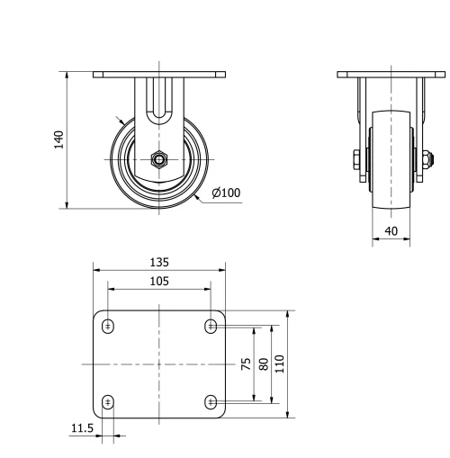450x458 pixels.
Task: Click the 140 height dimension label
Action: click(58, 139)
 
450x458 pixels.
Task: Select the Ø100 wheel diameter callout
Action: click(226, 193)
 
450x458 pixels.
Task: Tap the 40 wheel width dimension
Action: click(391, 230)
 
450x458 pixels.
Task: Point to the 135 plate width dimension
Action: click(158, 263)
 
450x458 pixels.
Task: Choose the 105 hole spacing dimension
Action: click(158, 282)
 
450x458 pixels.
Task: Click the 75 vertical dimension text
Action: click(246, 364)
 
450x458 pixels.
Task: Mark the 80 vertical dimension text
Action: click(262, 364)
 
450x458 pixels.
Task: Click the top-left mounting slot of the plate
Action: click(108, 326)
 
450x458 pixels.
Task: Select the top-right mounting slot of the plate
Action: click(211, 326)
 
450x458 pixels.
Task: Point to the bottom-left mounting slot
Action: click(108, 401)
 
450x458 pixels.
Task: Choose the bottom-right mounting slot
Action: click(211, 401)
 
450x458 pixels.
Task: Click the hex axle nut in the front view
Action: click(158, 161)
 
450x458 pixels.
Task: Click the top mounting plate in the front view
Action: click(158, 74)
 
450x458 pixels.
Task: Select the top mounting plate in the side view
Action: click(390, 74)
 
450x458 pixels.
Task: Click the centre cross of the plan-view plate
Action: click(158, 364)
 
